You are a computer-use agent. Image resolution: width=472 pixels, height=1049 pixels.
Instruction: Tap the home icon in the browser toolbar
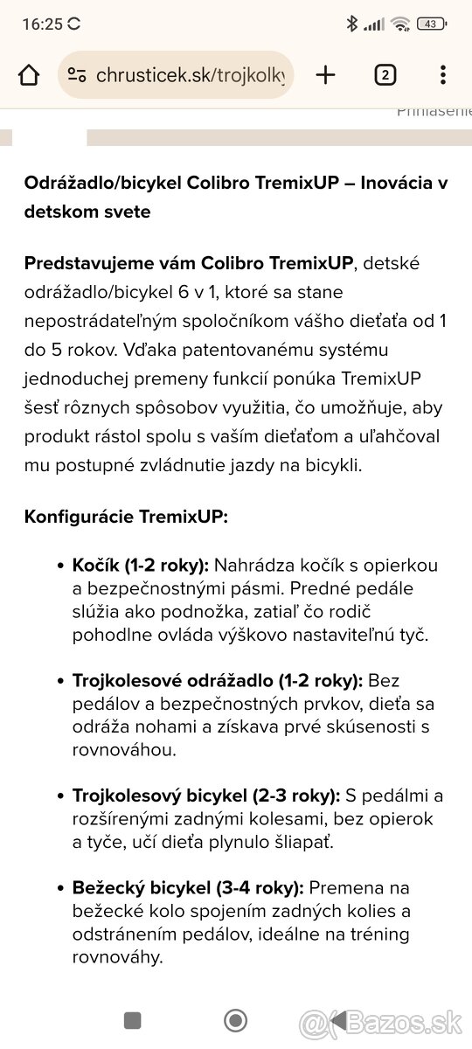tap(29, 75)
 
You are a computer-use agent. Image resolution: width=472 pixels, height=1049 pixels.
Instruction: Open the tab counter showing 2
tap(385, 75)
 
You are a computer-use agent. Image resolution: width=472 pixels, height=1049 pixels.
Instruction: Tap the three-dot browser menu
tap(443, 75)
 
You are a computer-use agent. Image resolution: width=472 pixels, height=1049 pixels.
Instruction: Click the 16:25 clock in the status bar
tap(42, 24)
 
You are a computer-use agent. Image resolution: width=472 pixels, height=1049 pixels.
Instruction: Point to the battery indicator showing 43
tap(431, 24)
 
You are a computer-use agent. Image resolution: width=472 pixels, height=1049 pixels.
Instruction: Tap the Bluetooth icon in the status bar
tap(351, 24)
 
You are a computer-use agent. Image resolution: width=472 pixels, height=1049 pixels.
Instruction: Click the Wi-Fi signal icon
tap(401, 24)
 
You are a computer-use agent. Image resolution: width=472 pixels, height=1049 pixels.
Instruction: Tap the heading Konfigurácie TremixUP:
tap(126, 516)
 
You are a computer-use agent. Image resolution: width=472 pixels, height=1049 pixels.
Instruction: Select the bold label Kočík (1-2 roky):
tap(141, 565)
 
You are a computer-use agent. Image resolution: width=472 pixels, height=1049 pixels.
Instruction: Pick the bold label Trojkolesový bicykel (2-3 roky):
tap(206, 795)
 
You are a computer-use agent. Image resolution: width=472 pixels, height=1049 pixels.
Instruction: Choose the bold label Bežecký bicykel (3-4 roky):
tap(188, 888)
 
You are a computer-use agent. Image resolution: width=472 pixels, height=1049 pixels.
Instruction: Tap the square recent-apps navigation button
tap(133, 1020)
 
